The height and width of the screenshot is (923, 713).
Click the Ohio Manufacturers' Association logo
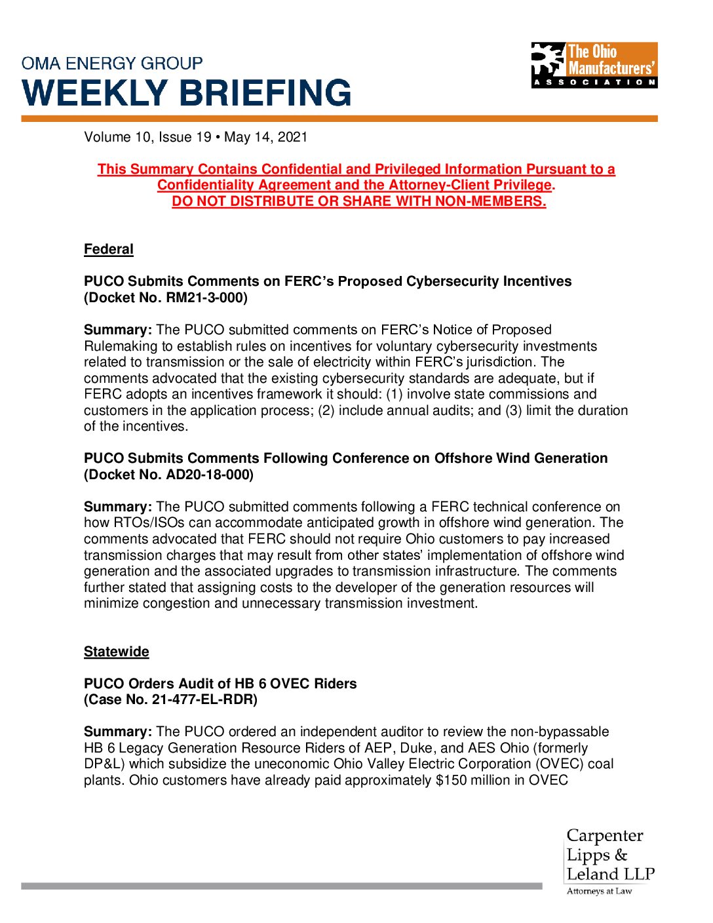(594, 65)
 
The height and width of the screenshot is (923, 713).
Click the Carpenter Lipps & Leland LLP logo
(609, 855)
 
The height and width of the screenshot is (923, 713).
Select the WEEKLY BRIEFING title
(187, 93)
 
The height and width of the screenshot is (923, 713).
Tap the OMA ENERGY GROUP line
(112, 64)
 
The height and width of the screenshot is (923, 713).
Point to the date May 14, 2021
(265, 137)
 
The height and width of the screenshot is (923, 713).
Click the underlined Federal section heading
(108, 249)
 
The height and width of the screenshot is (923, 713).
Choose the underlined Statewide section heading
(116, 652)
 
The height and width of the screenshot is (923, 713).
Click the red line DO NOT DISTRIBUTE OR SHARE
(358, 201)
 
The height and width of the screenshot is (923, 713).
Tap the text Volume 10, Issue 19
(147, 137)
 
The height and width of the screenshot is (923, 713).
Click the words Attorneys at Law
(599, 891)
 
